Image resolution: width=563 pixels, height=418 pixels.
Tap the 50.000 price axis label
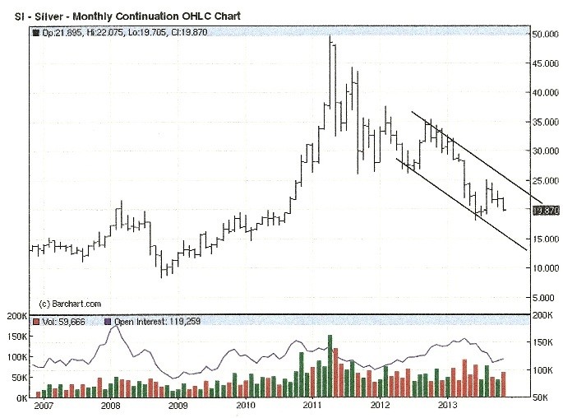coord(545,35)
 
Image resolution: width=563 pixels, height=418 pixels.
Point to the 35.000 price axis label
coord(545,123)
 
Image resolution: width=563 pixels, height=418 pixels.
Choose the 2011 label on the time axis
coord(312,406)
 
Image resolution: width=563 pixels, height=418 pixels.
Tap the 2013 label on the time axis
coord(447,406)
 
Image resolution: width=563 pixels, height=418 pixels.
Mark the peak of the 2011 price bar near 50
coord(330,36)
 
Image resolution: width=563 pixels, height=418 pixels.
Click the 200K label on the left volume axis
coord(14,316)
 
